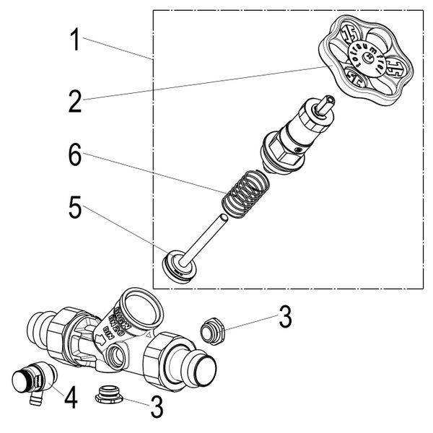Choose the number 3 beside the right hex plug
point(286,316)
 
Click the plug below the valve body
point(109,394)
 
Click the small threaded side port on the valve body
point(115,355)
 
